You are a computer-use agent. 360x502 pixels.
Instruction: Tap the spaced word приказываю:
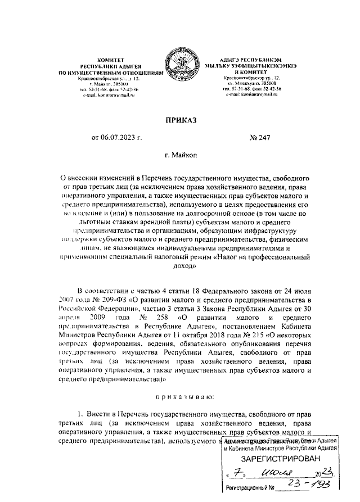coord(179,399)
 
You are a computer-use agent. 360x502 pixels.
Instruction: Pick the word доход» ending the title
coord(180,267)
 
